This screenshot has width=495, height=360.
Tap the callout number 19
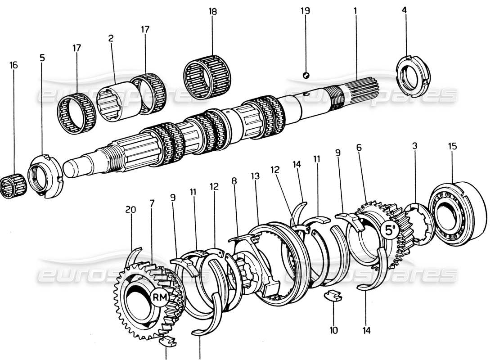pos(306,11)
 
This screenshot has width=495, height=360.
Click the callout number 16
pos(13,65)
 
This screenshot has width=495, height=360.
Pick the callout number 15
pos(452,146)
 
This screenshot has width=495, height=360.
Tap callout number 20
pos(130,210)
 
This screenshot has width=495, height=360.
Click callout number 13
pos(256,177)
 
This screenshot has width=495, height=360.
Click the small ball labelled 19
pos(306,75)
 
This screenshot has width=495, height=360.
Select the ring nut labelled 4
pos(413,74)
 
